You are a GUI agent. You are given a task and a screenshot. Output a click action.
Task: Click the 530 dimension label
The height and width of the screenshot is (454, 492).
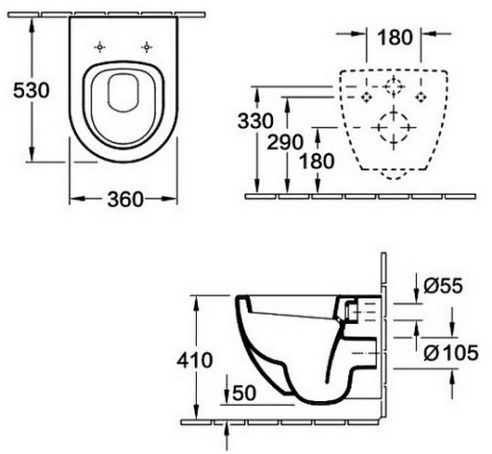(32, 90)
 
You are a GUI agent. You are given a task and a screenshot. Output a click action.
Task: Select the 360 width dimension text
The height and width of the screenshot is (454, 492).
(125, 199)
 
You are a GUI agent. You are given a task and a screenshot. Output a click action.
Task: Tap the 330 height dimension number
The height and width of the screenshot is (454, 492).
(255, 121)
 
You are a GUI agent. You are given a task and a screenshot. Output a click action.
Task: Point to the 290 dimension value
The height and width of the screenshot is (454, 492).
(285, 142)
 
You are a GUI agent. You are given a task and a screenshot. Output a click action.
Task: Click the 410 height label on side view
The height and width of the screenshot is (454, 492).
(195, 360)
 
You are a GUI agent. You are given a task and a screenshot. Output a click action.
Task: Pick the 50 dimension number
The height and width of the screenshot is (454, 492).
(244, 393)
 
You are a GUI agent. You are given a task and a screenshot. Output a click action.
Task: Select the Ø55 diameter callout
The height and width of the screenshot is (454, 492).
(443, 286)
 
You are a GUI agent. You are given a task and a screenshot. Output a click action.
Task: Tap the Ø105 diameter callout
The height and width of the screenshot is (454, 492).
(451, 353)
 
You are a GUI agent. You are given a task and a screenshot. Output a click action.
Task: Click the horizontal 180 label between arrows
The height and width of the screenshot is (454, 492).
(395, 37)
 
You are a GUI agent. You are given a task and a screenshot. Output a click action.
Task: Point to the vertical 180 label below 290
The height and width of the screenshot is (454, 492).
(317, 162)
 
